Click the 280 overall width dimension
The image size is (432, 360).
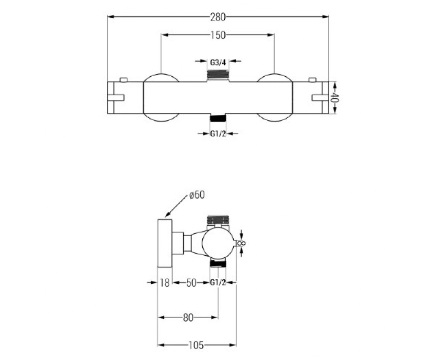pyautogui.click(x=218, y=17)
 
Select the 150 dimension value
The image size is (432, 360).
pyautogui.click(x=218, y=35)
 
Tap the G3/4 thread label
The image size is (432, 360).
pyautogui.click(x=218, y=62)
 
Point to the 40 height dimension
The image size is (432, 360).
pyautogui.click(x=334, y=98)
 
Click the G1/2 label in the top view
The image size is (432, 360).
pyautogui.click(x=218, y=134)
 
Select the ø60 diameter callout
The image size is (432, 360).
pyautogui.click(x=197, y=195)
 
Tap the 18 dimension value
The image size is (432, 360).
pyautogui.click(x=165, y=283)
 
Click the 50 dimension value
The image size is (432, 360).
pyautogui.click(x=191, y=283)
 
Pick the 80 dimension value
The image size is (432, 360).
pyautogui.click(x=188, y=318)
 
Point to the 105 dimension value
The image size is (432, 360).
pyautogui.click(x=196, y=345)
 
